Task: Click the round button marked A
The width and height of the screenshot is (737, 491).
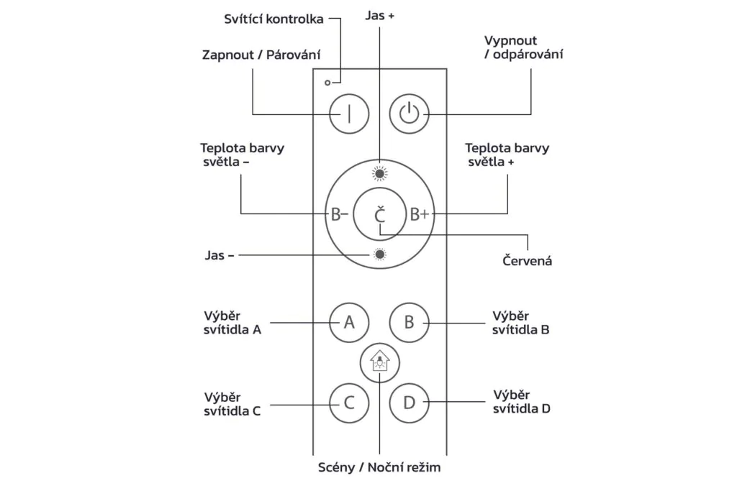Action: coord(349,323)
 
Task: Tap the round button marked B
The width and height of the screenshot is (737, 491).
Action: coord(409,323)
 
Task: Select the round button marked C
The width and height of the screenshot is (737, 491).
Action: coord(349,403)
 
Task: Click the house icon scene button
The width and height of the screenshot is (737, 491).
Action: coord(380,363)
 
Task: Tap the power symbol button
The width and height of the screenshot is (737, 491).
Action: coord(409,114)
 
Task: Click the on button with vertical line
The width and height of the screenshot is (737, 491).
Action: coord(349,114)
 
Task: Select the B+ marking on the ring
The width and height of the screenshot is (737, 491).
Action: coord(420,214)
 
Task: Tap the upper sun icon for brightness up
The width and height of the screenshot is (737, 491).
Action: coord(380,174)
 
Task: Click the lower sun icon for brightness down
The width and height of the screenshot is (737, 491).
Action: coord(380,254)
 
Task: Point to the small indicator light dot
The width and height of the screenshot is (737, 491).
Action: coord(327,83)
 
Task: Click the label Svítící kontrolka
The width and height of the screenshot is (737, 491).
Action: coord(273,19)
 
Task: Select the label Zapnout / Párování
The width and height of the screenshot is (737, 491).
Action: coord(261,55)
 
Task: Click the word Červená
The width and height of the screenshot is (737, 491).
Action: coord(527,260)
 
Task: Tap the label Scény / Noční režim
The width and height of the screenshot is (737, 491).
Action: coord(379,467)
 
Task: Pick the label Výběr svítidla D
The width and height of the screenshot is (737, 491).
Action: coord(521,401)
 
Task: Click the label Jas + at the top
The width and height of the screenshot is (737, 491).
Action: coord(380,16)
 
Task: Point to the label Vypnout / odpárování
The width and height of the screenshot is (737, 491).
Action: coord(524,47)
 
